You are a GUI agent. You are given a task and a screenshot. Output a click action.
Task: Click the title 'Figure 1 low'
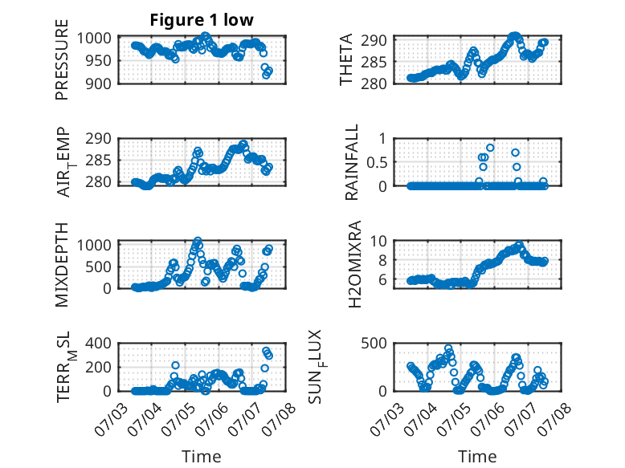(202, 20)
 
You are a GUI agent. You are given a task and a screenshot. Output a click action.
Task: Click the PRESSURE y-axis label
(62, 59)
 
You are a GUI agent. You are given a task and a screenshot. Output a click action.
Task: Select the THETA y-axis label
(346, 59)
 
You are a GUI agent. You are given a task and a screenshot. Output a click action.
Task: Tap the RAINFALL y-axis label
(352, 162)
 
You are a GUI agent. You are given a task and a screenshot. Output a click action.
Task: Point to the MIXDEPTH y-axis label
(62, 264)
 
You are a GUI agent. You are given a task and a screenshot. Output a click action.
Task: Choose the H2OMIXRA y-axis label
(354, 264)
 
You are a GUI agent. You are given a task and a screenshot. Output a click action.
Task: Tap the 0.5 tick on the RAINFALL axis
(376, 162)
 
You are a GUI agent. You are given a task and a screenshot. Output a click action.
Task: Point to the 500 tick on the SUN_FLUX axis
(374, 343)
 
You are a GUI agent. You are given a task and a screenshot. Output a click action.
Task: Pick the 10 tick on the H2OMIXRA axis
(378, 241)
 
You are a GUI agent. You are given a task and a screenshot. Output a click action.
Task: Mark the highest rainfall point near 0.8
(490, 148)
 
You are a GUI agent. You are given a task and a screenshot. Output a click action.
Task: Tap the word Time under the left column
(202, 456)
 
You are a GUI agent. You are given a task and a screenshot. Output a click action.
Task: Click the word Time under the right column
(477, 456)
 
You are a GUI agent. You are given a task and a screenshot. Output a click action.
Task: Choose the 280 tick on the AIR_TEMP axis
(98, 182)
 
